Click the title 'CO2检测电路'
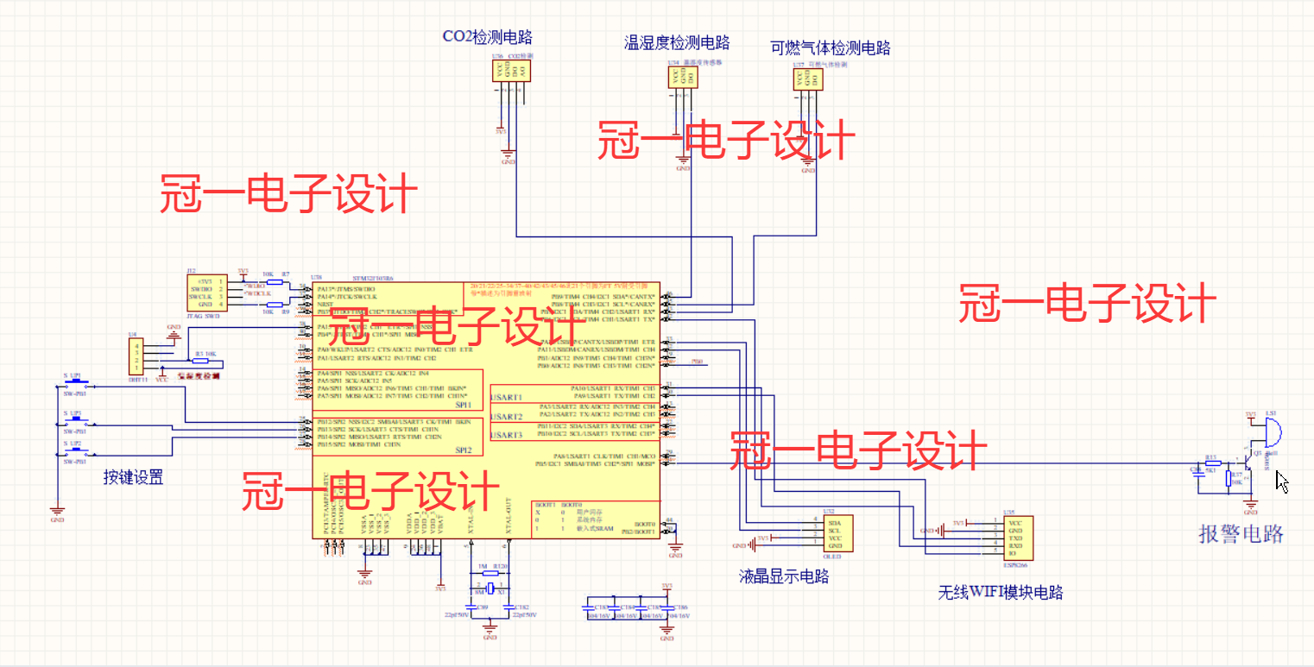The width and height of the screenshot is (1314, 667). pos(487,37)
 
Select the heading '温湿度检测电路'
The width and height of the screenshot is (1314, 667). pos(677,42)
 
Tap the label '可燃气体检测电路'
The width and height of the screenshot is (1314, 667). pos(830,47)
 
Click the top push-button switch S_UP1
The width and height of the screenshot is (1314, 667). pos(75,385)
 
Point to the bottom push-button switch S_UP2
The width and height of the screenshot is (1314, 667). pos(75,451)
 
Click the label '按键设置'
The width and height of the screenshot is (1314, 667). pos(133,476)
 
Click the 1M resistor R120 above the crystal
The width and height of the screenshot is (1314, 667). pos(490,572)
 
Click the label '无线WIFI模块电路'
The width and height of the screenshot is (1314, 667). pos(1000,593)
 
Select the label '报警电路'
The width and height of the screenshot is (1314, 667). pos(1241,534)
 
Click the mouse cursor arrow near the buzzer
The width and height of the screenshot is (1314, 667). pos(1281,481)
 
